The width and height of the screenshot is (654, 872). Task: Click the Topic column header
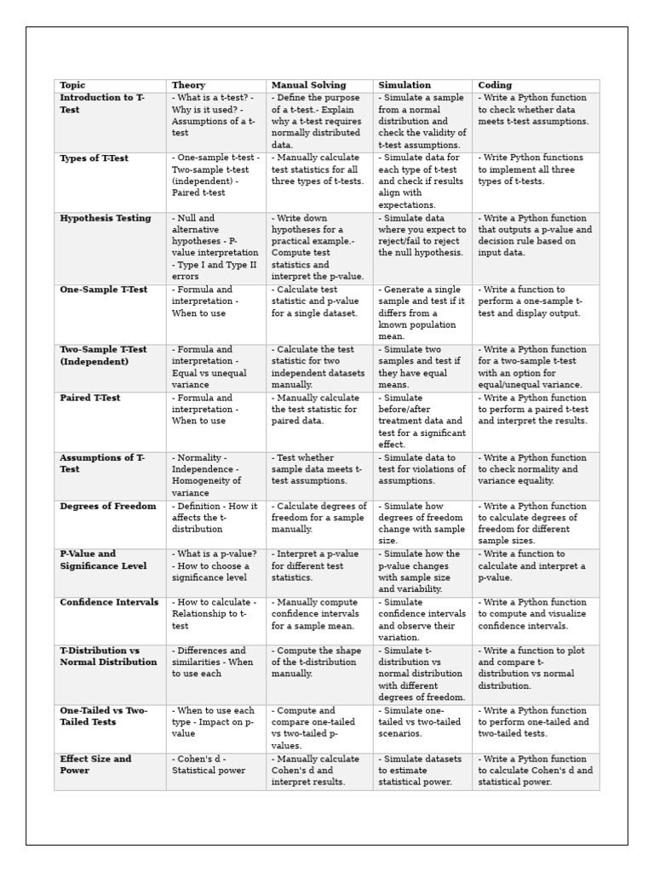click(72, 85)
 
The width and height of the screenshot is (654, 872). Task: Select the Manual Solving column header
click(308, 85)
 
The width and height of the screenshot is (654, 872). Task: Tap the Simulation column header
click(404, 85)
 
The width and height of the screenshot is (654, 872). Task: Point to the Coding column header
click(495, 85)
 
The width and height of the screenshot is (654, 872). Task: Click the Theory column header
click(188, 85)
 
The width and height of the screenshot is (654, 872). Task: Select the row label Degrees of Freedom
click(108, 506)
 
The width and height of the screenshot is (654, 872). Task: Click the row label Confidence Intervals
click(109, 602)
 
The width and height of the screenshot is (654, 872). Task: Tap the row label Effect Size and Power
click(95, 765)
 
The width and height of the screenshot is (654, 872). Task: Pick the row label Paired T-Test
click(90, 398)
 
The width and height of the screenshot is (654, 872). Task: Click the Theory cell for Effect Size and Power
click(209, 765)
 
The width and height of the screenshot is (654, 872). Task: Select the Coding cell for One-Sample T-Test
click(529, 301)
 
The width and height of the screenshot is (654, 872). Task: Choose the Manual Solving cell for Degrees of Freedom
click(318, 518)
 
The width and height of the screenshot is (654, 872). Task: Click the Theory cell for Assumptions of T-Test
click(209, 475)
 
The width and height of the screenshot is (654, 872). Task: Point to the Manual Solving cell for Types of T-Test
click(317, 169)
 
